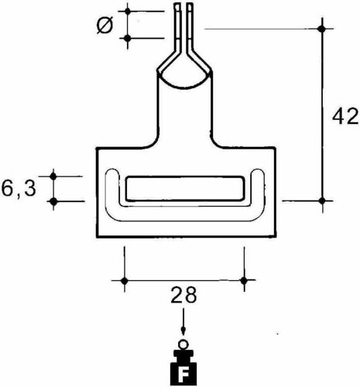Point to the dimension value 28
coord(183,295)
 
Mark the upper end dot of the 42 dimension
coord(323,29)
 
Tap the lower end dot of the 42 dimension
coord(323,200)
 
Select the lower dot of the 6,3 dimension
coord(53,201)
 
